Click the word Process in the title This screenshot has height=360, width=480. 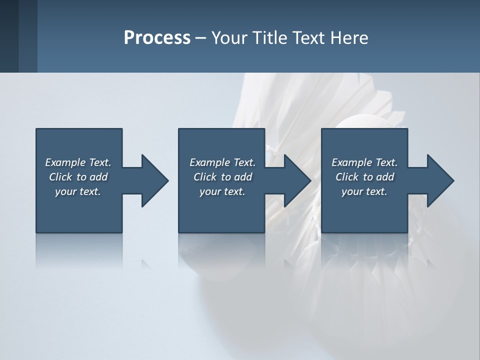pos(157,38)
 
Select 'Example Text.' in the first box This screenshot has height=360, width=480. pos(78,162)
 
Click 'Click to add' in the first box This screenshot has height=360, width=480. pos(78,177)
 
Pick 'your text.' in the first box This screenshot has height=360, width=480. pos(78,191)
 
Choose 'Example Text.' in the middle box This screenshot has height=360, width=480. pos(222,162)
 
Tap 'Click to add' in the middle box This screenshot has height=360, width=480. pos(222,177)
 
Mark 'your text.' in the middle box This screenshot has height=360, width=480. pos(222,191)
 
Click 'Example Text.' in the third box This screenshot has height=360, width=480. pos(364,162)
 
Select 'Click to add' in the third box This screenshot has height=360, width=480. pos(364,177)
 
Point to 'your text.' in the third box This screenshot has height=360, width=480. pos(364,191)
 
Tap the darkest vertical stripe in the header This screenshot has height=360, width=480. pos(9,36)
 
